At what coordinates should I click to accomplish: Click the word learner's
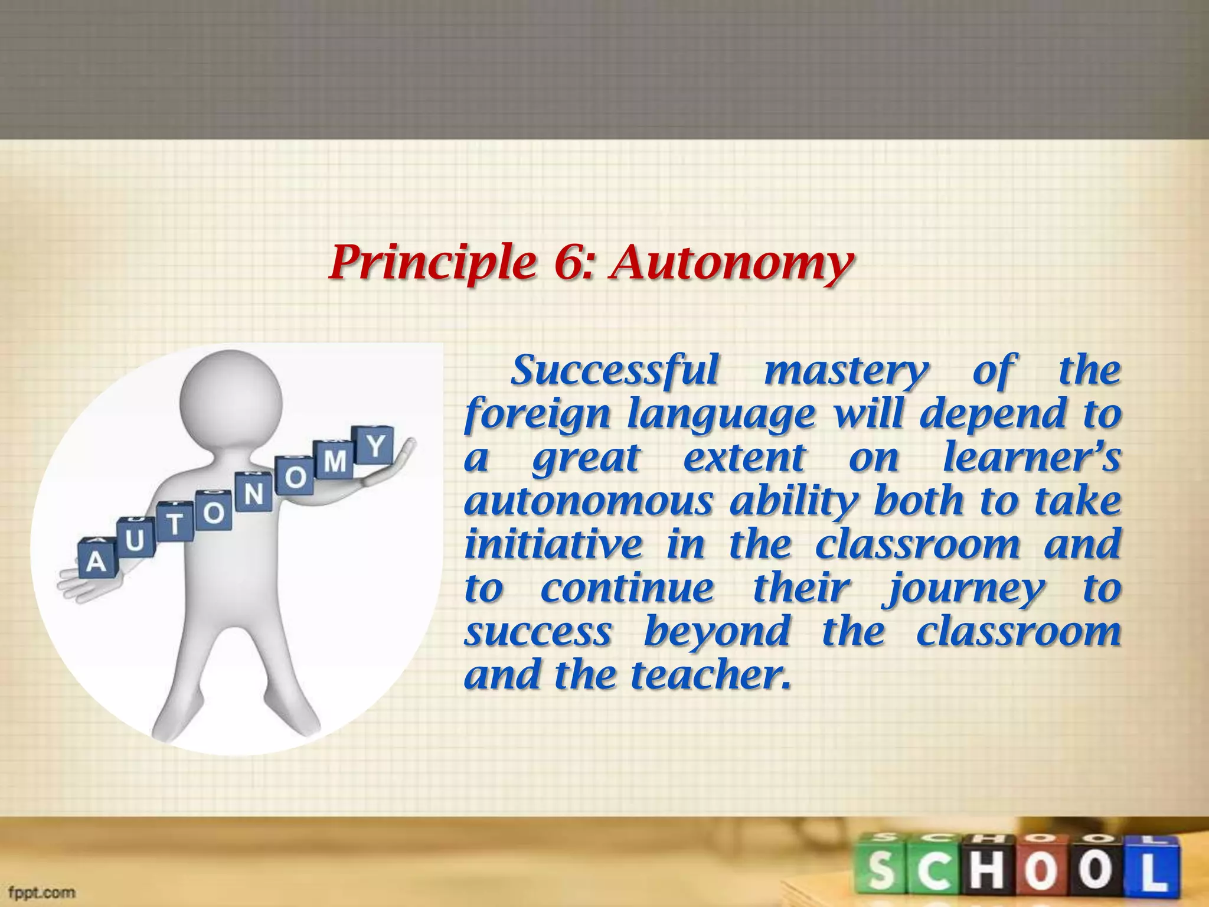1031,458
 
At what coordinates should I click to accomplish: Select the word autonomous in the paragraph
588,502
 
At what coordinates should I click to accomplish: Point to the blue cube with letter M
335,461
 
